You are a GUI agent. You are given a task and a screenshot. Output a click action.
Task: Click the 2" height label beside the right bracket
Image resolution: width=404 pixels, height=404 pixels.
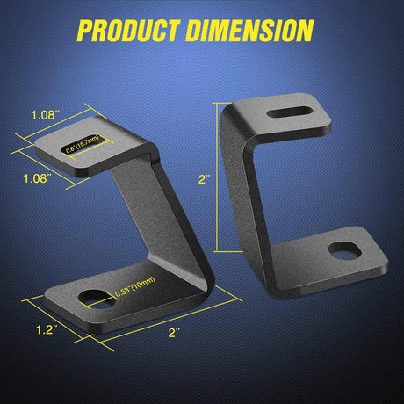pos(205,178)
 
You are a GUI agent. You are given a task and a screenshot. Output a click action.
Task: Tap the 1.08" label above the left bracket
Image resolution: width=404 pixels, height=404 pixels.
pos(44,114)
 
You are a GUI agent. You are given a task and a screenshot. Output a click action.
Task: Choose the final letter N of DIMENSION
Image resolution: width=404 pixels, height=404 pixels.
pos(302,31)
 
